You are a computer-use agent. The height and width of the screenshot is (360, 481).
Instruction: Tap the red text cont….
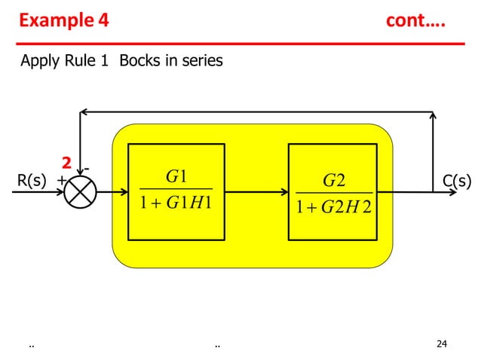[415, 20]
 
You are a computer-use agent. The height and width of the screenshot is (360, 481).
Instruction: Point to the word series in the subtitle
[198, 61]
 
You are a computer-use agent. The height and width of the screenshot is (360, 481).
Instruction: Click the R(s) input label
[32, 181]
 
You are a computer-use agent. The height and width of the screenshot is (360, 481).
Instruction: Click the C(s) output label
[457, 181]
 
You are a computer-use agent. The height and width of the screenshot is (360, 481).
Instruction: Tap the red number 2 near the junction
[66, 163]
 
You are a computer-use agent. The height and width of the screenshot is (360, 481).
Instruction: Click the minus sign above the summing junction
[87, 163]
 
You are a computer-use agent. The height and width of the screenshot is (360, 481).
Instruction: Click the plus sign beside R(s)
[60, 182]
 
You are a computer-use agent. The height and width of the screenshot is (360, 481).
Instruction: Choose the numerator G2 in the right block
[333, 181]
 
